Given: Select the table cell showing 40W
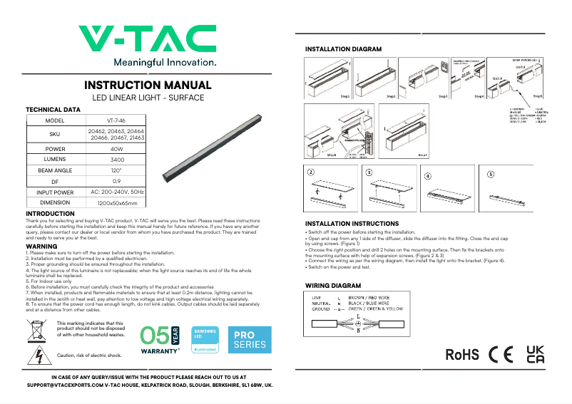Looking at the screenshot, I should point(117,149).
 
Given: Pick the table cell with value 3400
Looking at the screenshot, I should point(117,160).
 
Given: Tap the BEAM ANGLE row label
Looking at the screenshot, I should point(55,171).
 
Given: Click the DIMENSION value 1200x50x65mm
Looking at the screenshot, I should point(117,203).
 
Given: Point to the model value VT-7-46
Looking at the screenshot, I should point(117,121).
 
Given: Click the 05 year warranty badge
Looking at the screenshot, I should point(160,340).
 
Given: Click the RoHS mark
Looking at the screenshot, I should point(462,354).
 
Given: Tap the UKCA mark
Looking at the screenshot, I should point(535,354).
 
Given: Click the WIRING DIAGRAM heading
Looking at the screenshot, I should point(328,285).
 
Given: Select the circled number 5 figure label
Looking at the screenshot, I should point(491,174).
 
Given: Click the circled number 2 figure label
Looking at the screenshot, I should point(311,173).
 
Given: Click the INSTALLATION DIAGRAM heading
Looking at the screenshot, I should point(343,48).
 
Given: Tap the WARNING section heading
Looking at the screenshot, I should point(41,246).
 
